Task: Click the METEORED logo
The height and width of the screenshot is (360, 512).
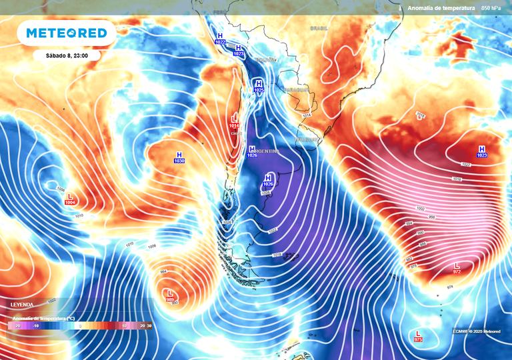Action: pyautogui.click(x=67, y=33)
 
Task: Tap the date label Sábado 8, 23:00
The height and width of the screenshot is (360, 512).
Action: pyautogui.click(x=66, y=55)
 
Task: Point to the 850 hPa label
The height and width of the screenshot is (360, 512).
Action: pyautogui.click(x=492, y=7)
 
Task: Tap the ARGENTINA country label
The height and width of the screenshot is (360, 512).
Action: pyautogui.click(x=267, y=151)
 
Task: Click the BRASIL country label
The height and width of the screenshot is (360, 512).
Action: pyautogui.click(x=319, y=29)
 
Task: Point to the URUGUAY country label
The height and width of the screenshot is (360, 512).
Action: pyautogui.click(x=307, y=140)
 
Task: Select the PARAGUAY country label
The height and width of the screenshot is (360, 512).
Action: pyautogui.click(x=295, y=89)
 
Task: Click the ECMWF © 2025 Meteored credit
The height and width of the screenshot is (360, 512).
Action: pyautogui.click(x=477, y=331)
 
